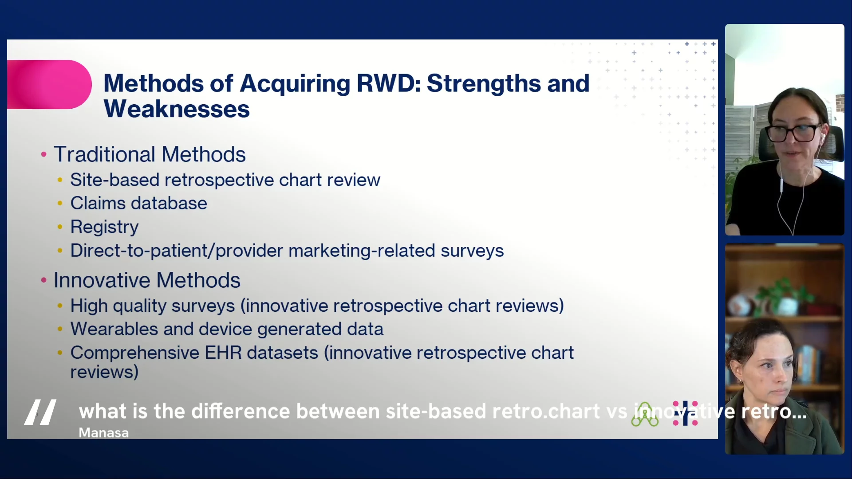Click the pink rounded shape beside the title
pos(49,84)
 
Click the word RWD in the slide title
pos(389,83)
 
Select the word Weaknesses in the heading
pos(177,109)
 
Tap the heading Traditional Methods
pos(150,154)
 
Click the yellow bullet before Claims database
pos(60,203)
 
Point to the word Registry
pos(104,227)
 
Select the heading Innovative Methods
pos(147,280)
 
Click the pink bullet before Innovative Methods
pos(43,280)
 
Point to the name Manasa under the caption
pos(104,433)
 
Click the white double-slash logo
pos(40,412)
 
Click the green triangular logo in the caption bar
pos(645,415)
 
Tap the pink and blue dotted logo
pos(685,413)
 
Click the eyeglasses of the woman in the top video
pos(796,133)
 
